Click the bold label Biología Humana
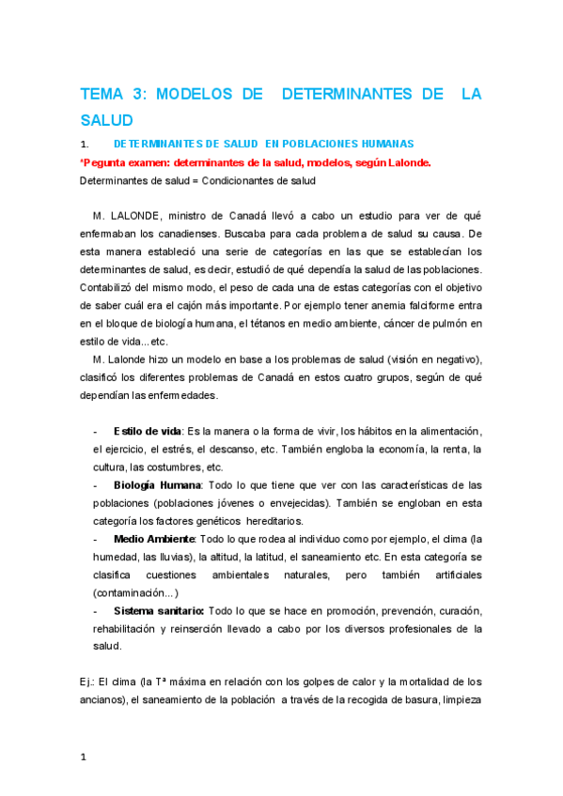click(157, 485)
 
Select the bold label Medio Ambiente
click(154, 539)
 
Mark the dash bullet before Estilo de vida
click(96, 431)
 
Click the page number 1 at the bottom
click(84, 756)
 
